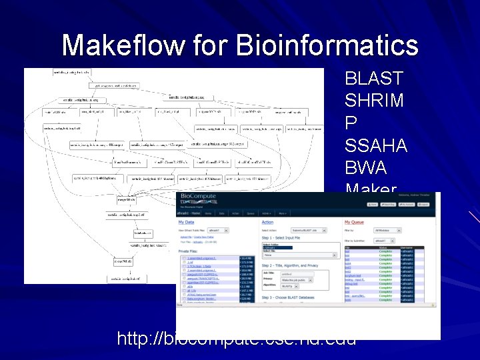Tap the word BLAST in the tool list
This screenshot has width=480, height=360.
pos(374,79)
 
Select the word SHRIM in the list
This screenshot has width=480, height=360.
pos(374,101)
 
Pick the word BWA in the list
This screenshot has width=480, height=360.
pos(363,167)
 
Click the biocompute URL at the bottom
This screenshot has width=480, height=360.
pos(236,339)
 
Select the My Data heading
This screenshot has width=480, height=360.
pos(186,222)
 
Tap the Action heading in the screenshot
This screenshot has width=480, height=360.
pos(267,222)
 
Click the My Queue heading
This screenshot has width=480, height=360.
pos(356,222)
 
